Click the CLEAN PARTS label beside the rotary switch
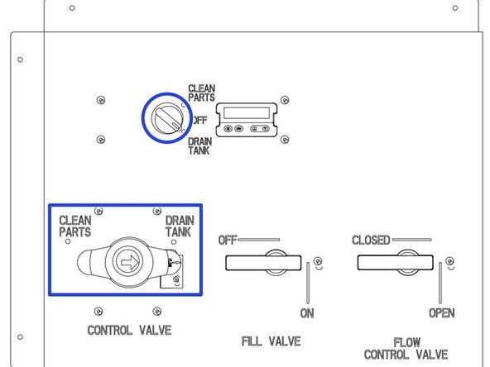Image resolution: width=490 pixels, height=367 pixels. (201, 93)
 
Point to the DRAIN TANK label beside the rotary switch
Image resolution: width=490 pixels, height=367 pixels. (200, 146)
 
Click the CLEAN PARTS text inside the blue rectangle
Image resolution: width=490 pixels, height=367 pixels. (74, 226)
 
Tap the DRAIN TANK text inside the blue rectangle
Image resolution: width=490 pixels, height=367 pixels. (180, 226)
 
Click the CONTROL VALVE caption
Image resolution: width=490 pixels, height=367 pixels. (129, 331)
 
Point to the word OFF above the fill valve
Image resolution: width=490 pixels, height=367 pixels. (228, 241)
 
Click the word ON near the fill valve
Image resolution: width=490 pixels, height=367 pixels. (308, 313)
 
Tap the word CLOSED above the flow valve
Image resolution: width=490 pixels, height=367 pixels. (371, 241)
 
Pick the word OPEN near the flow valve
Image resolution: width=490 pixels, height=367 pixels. (441, 313)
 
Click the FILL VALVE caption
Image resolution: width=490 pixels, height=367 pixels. (271, 341)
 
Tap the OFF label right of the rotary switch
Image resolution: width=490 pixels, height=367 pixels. (199, 121)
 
